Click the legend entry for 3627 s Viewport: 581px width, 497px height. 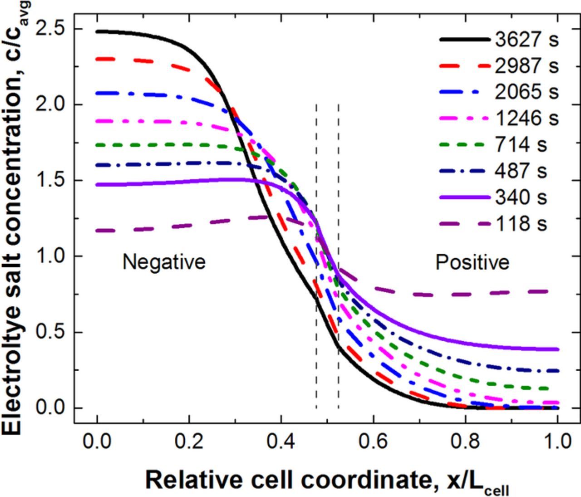pos(526,40)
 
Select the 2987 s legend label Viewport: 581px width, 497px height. pos(526,66)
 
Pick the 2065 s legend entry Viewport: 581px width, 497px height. pos(526,92)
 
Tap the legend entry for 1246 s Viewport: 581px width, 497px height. pos(526,118)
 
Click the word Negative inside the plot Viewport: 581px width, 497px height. pos(164,262)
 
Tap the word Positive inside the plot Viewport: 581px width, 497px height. pos(472,262)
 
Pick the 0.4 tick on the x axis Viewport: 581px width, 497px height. pos(281,441)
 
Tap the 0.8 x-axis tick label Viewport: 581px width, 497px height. pos(465,441)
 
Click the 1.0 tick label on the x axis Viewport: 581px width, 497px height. pos(557,441)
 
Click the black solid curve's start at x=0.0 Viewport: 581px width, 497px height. pos(98,31)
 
